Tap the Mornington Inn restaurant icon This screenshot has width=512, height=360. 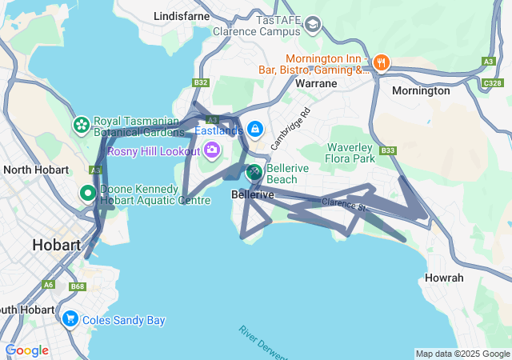381,61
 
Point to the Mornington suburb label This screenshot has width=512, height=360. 421,90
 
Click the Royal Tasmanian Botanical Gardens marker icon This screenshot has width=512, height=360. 81,126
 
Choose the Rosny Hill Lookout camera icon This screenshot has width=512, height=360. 212,149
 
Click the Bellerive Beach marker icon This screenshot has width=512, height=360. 254,172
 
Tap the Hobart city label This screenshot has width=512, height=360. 56,245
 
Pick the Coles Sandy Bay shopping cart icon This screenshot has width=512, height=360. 70,319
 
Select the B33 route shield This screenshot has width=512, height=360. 389,150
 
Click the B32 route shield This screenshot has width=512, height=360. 201,82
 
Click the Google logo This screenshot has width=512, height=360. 27,350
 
